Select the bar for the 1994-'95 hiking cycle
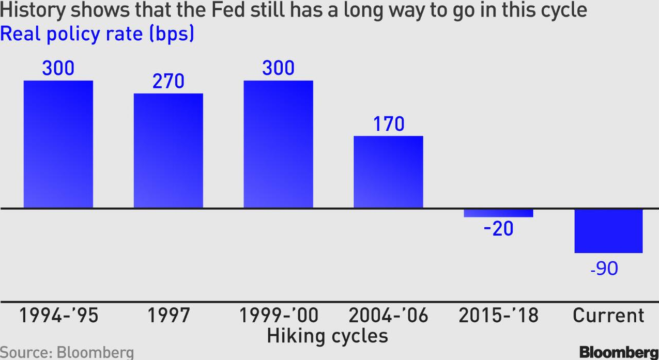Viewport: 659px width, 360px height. click(x=58, y=144)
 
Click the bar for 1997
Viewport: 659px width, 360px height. click(x=168, y=151)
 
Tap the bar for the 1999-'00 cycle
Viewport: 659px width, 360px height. click(x=278, y=144)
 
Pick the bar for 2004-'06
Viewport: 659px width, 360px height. click(x=388, y=172)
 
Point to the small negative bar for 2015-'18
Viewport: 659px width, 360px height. click(x=498, y=213)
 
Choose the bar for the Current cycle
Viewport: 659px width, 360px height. click(x=608, y=231)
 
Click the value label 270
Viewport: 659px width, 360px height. click(x=168, y=81)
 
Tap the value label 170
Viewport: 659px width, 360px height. click(x=389, y=124)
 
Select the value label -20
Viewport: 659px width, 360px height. click(x=498, y=229)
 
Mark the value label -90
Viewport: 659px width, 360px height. click(x=604, y=268)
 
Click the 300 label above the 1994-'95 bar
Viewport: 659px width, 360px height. click(x=58, y=68)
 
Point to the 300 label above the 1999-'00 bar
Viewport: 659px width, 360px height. click(x=278, y=68)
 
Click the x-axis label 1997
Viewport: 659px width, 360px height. click(x=168, y=316)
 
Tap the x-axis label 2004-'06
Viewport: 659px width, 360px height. click(x=388, y=316)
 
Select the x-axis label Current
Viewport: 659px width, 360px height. click(x=608, y=316)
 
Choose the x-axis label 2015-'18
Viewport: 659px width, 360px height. click(x=498, y=316)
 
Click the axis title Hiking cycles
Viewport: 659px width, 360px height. click(x=328, y=336)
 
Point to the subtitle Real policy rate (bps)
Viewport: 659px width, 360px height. click(x=97, y=34)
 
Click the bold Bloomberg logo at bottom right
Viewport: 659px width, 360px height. click(x=619, y=352)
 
